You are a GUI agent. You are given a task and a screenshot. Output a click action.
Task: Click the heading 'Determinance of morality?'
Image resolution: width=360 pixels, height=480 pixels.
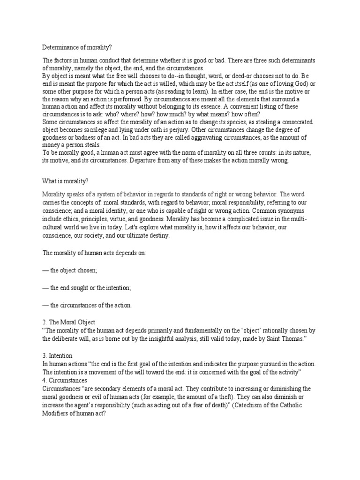click(x=77, y=47)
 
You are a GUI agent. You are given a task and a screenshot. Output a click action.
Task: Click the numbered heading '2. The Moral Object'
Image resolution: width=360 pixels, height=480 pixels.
click(x=69, y=322)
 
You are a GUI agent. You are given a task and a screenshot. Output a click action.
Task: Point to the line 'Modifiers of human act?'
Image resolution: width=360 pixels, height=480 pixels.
click(x=75, y=413)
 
